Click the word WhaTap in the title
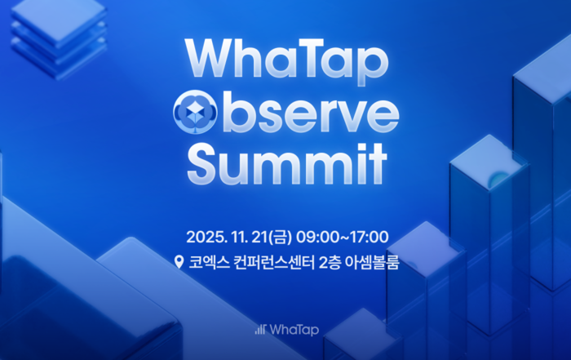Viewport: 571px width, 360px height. (286, 63)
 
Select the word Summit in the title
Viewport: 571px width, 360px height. (286, 163)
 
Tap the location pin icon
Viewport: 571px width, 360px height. (179, 263)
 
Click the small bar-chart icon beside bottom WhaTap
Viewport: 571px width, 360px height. (259, 329)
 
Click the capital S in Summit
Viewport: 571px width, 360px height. (205, 163)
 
